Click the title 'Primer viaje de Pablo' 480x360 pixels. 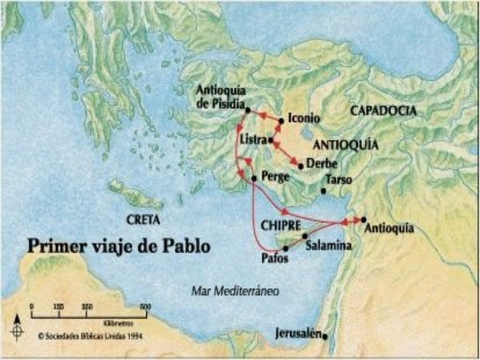(x=119, y=247)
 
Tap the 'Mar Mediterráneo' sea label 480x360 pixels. (x=235, y=290)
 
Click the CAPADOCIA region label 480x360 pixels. (x=383, y=111)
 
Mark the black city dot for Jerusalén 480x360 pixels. (x=325, y=336)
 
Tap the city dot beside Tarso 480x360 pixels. (x=324, y=191)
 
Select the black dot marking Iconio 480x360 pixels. (x=282, y=121)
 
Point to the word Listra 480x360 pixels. (x=253, y=141)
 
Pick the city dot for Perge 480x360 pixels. (x=254, y=178)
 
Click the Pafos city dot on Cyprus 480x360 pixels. (x=285, y=249)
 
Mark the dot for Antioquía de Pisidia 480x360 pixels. (x=247, y=109)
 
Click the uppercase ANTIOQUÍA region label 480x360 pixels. (x=345, y=144)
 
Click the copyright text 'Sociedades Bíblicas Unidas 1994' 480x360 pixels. (x=92, y=334)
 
